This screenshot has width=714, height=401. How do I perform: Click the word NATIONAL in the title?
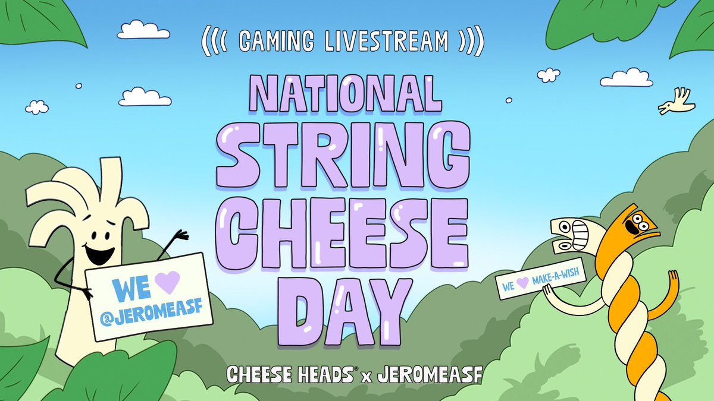(346, 95)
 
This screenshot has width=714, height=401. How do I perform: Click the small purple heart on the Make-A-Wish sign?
(522, 284)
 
